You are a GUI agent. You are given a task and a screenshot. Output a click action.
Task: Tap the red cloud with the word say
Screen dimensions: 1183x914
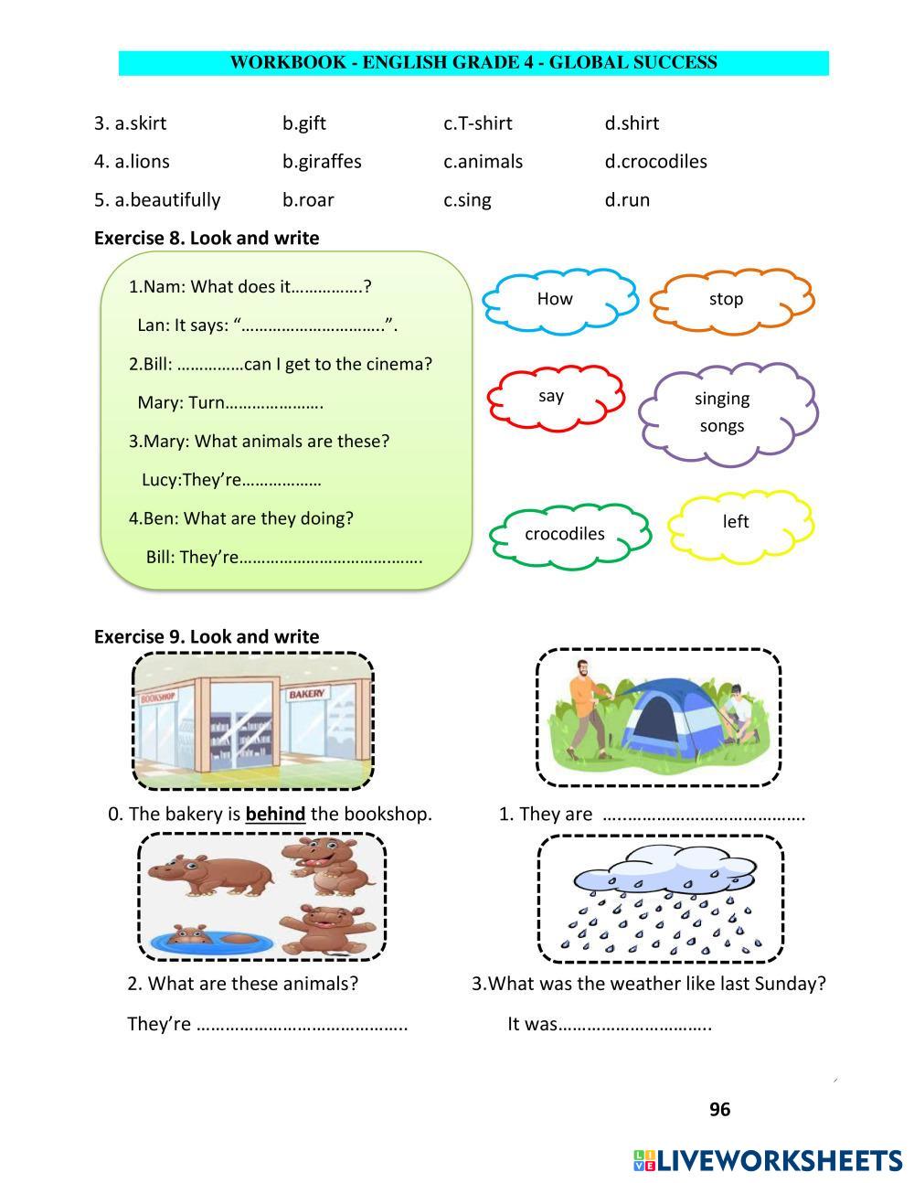(x=554, y=396)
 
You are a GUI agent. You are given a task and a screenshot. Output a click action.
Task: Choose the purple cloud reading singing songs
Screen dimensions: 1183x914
(x=725, y=411)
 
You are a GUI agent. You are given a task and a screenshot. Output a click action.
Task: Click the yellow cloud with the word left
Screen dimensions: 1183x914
(x=739, y=522)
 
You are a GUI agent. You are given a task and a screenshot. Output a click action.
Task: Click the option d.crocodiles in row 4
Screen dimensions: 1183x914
(x=655, y=162)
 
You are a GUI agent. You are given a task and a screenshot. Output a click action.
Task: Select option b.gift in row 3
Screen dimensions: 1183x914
(x=303, y=123)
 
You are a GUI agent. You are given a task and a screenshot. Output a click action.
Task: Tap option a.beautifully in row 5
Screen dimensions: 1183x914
(x=157, y=200)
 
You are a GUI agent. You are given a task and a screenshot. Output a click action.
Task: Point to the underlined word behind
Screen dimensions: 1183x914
(x=275, y=814)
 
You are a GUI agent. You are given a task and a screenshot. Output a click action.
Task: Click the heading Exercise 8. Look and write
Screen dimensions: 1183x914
(x=207, y=239)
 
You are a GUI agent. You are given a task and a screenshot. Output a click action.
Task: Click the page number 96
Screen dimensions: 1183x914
(x=720, y=1109)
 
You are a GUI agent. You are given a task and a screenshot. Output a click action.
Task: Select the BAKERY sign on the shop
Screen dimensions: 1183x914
(x=306, y=694)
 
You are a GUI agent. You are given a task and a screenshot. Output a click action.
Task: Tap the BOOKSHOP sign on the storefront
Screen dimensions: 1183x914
(x=157, y=697)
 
